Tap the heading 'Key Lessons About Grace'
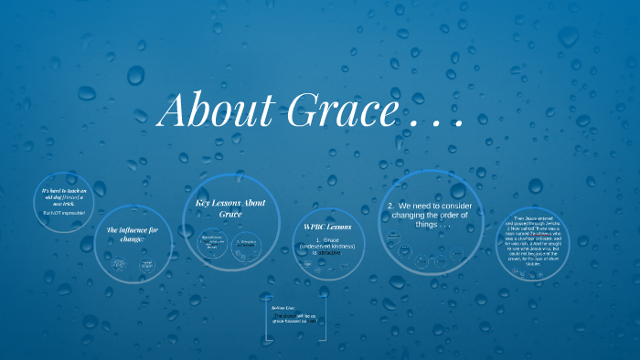[230, 207]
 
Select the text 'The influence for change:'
[133, 235]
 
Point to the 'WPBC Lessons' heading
[326, 226]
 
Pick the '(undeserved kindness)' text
[326, 246]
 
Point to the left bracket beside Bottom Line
[264, 321]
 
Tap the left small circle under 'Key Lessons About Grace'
[214, 242]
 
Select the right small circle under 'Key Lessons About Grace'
[247, 243]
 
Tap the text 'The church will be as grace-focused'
[293, 320]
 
